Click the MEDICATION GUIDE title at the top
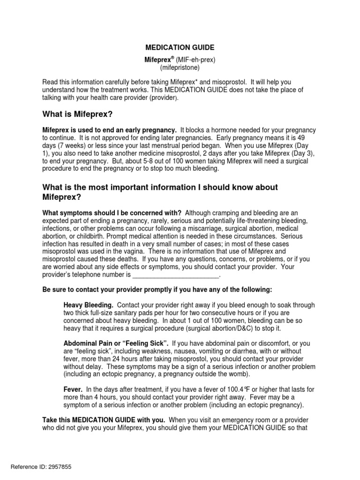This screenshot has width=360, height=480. (180, 47)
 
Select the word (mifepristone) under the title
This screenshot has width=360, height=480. (180, 67)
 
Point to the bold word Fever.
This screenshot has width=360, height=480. (73, 390)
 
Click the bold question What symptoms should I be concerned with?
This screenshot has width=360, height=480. (112, 213)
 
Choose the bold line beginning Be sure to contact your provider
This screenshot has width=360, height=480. (157, 289)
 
